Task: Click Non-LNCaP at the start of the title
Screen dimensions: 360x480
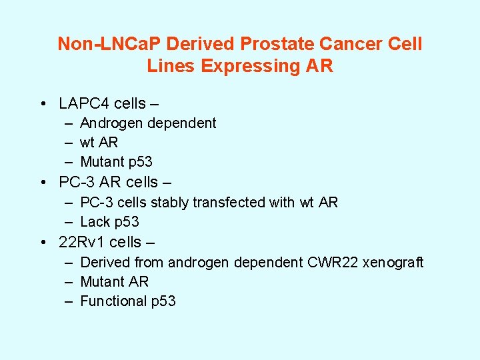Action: [x=109, y=44]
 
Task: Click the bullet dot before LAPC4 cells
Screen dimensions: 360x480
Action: [x=43, y=103]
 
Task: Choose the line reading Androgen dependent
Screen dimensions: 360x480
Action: [x=148, y=123]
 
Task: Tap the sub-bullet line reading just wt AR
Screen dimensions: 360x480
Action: [x=99, y=142]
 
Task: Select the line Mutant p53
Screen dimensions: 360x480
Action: [x=116, y=161]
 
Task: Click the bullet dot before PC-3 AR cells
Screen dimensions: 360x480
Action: [x=43, y=182]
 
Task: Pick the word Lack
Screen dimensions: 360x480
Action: [x=95, y=221]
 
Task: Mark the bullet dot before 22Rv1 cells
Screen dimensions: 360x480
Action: [x=43, y=241]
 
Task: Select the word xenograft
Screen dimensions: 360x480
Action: [x=393, y=262]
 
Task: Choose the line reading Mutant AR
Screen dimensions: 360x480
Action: [x=114, y=281]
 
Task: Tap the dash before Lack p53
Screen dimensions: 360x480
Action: [x=69, y=221]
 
